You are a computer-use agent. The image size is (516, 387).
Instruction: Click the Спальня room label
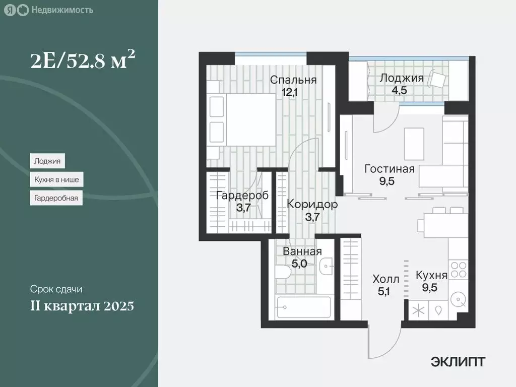tap(293, 80)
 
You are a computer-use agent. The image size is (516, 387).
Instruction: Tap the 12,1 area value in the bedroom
tap(293, 91)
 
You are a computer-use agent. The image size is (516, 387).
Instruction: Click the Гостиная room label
tap(390, 169)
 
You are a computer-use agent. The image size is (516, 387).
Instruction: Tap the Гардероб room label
tap(241, 195)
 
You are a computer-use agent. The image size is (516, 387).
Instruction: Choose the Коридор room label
tap(312, 204)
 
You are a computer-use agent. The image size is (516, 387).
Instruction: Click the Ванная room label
tap(302, 251)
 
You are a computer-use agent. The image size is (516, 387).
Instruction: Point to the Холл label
tap(385, 279)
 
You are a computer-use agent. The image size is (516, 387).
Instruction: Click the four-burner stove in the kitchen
tap(459, 270)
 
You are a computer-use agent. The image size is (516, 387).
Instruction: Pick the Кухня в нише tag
tap(56, 179)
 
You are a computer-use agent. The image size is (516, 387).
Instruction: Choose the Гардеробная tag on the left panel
tap(56, 198)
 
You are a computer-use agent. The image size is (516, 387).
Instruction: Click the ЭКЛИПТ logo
tap(458, 361)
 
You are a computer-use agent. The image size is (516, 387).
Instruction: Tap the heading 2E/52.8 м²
tap(83, 62)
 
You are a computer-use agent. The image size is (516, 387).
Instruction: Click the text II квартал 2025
tap(81, 306)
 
